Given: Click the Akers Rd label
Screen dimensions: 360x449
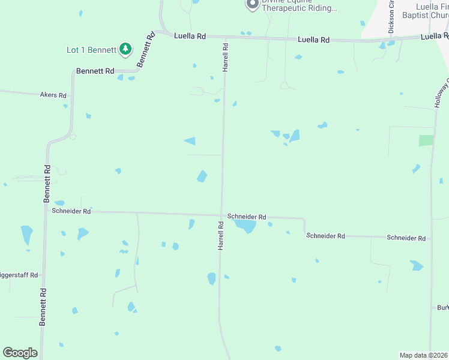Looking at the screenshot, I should point(53,95).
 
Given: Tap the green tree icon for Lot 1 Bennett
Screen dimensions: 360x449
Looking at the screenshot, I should point(125,49).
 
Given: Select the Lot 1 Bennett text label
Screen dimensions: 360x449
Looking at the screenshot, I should point(91,50).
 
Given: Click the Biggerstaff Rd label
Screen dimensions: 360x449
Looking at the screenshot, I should point(19,275).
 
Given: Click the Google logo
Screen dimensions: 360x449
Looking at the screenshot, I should point(20,353).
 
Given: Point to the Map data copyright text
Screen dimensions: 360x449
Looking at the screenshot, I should point(423,355).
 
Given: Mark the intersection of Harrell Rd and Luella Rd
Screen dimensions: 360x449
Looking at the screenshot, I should point(226,37).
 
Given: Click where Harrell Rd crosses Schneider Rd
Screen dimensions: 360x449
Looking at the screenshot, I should point(221,215).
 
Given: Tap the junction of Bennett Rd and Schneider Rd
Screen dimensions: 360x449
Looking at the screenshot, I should point(46,211).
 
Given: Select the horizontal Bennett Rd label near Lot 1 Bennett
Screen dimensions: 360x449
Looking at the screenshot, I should point(95,71).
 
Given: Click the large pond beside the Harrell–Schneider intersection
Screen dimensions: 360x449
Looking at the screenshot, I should point(245,226).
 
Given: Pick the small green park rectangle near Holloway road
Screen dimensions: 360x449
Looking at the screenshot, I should point(426,140).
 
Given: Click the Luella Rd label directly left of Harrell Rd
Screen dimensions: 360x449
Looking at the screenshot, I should point(190,36).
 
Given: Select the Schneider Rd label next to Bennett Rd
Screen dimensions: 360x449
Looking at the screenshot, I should point(71,211).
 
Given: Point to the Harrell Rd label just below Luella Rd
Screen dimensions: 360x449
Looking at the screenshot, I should point(226,58).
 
